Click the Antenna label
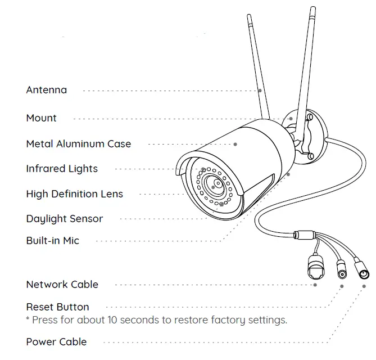click(x=46, y=90)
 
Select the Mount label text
click(x=41, y=118)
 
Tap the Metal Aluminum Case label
click(x=78, y=144)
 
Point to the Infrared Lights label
click(x=62, y=169)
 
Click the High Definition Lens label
click(x=74, y=194)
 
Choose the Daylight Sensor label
click(x=64, y=219)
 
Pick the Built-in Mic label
click(x=52, y=241)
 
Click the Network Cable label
click(x=62, y=285)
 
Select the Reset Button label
click(x=57, y=307)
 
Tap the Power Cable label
click(x=56, y=341)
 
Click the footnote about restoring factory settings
click(x=156, y=320)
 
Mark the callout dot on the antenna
click(x=260, y=90)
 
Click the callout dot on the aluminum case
click(x=235, y=144)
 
